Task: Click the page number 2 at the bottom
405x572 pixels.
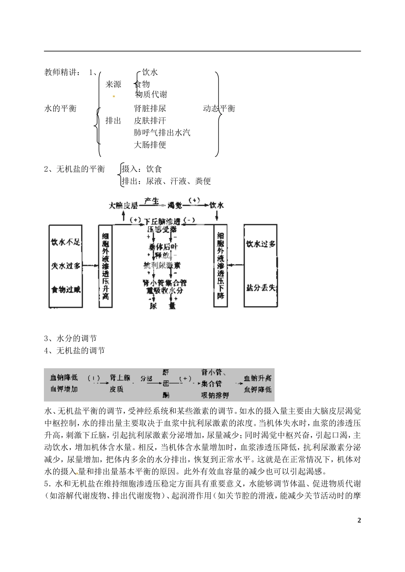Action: click(x=359, y=520)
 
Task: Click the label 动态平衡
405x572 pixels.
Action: click(x=219, y=108)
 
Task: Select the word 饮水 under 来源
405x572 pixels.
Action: click(x=150, y=72)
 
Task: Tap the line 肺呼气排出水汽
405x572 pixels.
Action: click(x=162, y=133)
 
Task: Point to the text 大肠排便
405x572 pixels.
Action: click(x=150, y=144)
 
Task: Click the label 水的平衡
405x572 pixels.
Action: click(x=61, y=108)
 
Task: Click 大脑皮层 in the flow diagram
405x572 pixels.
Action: click(x=123, y=205)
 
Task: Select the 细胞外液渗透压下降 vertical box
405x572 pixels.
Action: click(x=221, y=265)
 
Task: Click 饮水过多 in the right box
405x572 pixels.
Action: click(x=261, y=244)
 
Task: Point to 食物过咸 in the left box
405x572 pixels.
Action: click(x=66, y=289)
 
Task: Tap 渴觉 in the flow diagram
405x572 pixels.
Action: click(x=175, y=205)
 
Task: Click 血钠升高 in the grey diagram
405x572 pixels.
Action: click(x=257, y=378)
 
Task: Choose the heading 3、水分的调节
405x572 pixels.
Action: click(x=71, y=338)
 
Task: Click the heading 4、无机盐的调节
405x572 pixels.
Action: click(x=75, y=350)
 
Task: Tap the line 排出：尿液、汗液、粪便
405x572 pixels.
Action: click(x=166, y=181)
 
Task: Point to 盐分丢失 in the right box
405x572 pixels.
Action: click(x=261, y=288)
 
